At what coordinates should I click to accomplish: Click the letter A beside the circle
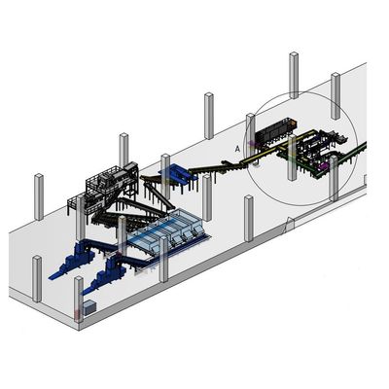pos(237,149)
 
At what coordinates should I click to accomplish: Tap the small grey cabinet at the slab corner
pos(90,307)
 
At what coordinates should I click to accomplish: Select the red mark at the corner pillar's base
pos(77,314)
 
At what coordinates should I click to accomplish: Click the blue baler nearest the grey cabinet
pos(106,272)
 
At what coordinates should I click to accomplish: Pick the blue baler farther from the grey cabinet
pos(73,259)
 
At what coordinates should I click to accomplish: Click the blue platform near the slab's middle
pos(178,172)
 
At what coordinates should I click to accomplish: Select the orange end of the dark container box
pos(293,123)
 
